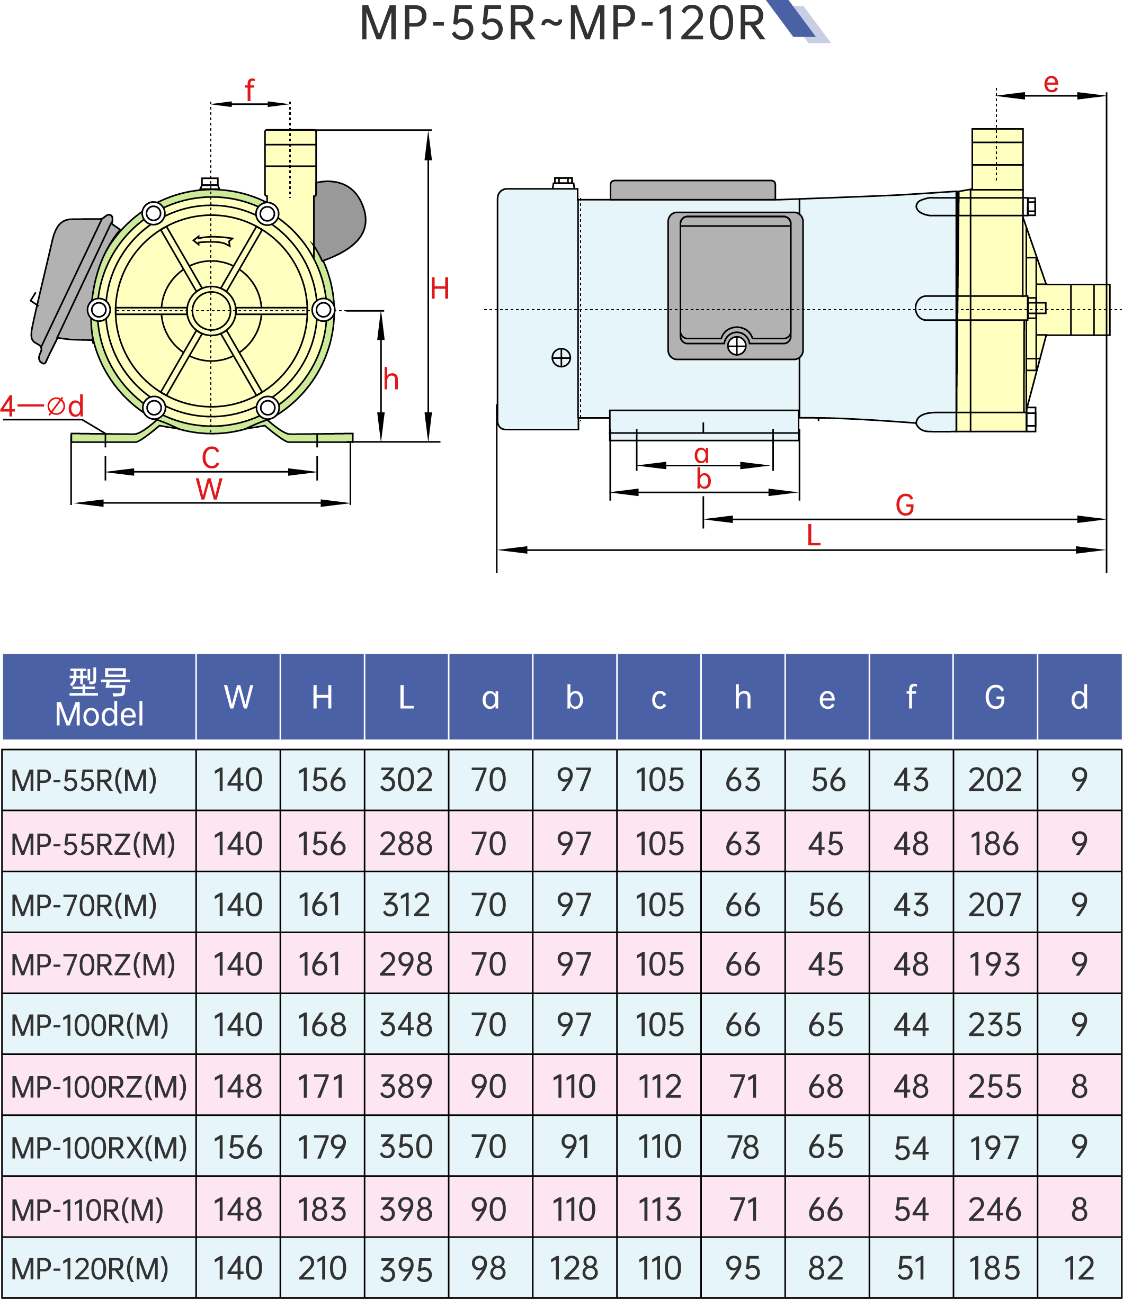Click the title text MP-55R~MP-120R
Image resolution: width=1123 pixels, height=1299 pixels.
[562, 24]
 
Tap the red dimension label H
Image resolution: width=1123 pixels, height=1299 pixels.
[439, 290]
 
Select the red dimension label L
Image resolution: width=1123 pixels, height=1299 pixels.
[813, 536]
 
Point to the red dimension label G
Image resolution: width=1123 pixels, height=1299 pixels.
[904, 504]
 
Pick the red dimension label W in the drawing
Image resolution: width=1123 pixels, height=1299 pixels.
[209, 489]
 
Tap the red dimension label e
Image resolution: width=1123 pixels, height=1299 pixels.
[1051, 83]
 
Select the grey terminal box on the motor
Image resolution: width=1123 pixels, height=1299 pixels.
[735, 286]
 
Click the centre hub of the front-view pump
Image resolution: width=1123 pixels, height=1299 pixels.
[211, 310]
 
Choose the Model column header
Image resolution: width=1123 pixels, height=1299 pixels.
[99, 697]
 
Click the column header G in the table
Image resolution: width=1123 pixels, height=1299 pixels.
[994, 697]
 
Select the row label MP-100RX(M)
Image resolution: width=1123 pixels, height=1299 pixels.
[99, 1147]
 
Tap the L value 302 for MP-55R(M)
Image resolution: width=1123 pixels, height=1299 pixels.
[406, 780]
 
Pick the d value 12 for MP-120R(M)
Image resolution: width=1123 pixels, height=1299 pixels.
[1079, 1268]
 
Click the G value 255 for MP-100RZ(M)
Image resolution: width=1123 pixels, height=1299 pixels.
[994, 1087]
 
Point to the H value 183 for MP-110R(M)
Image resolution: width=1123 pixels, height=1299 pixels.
[322, 1210]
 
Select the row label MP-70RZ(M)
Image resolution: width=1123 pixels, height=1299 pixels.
[93, 965]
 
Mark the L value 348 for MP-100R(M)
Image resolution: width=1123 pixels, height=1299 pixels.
[406, 1025]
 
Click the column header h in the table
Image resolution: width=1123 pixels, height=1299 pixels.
[743, 697]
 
